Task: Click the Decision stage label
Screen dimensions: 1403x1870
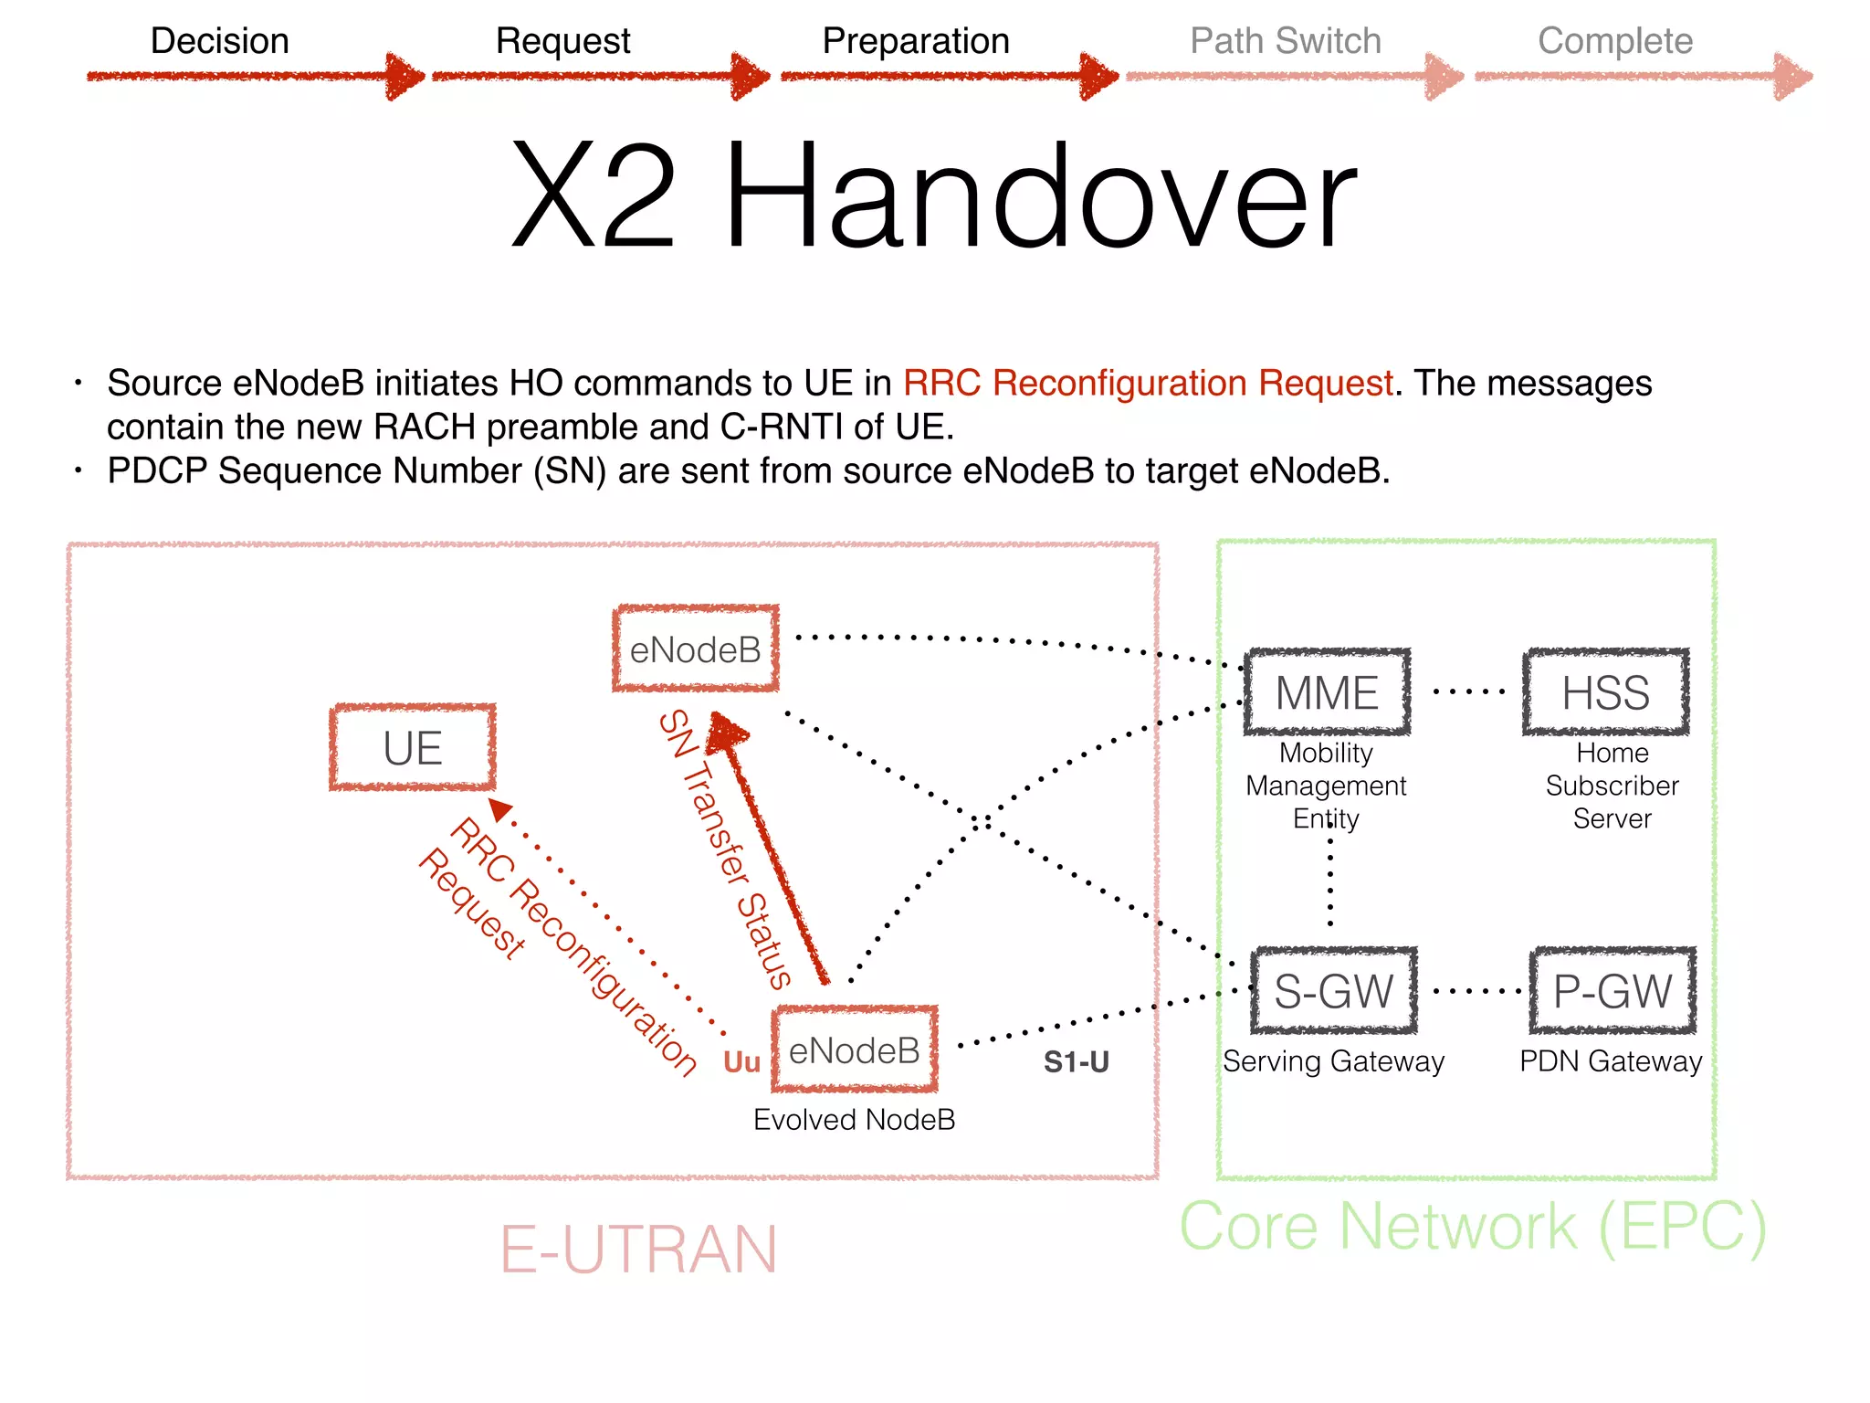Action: (x=219, y=41)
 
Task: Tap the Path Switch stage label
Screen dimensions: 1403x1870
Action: (x=1285, y=41)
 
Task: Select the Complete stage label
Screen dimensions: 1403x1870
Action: (x=1614, y=41)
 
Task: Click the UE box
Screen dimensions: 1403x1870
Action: (x=413, y=748)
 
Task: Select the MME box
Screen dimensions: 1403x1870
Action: (x=1327, y=692)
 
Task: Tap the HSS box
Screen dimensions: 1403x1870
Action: (x=1605, y=692)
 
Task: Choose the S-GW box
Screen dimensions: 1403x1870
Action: (x=1333, y=991)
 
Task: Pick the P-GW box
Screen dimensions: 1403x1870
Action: (x=1613, y=991)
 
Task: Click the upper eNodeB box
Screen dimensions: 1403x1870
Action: (x=696, y=649)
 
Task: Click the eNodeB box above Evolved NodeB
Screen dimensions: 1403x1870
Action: (x=855, y=1050)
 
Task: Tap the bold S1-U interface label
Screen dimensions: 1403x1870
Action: (x=1076, y=1062)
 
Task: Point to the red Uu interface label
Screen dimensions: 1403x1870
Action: (x=741, y=1062)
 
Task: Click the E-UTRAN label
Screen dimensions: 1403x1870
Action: (x=638, y=1250)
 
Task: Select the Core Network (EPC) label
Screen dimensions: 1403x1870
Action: (x=1472, y=1227)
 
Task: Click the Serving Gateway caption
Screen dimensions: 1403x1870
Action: (x=1333, y=1061)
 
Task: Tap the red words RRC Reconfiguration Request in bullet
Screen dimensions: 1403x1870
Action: (x=1148, y=384)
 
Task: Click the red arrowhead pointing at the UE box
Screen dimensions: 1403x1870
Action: (x=501, y=809)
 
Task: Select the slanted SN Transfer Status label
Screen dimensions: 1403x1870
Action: (x=726, y=849)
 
